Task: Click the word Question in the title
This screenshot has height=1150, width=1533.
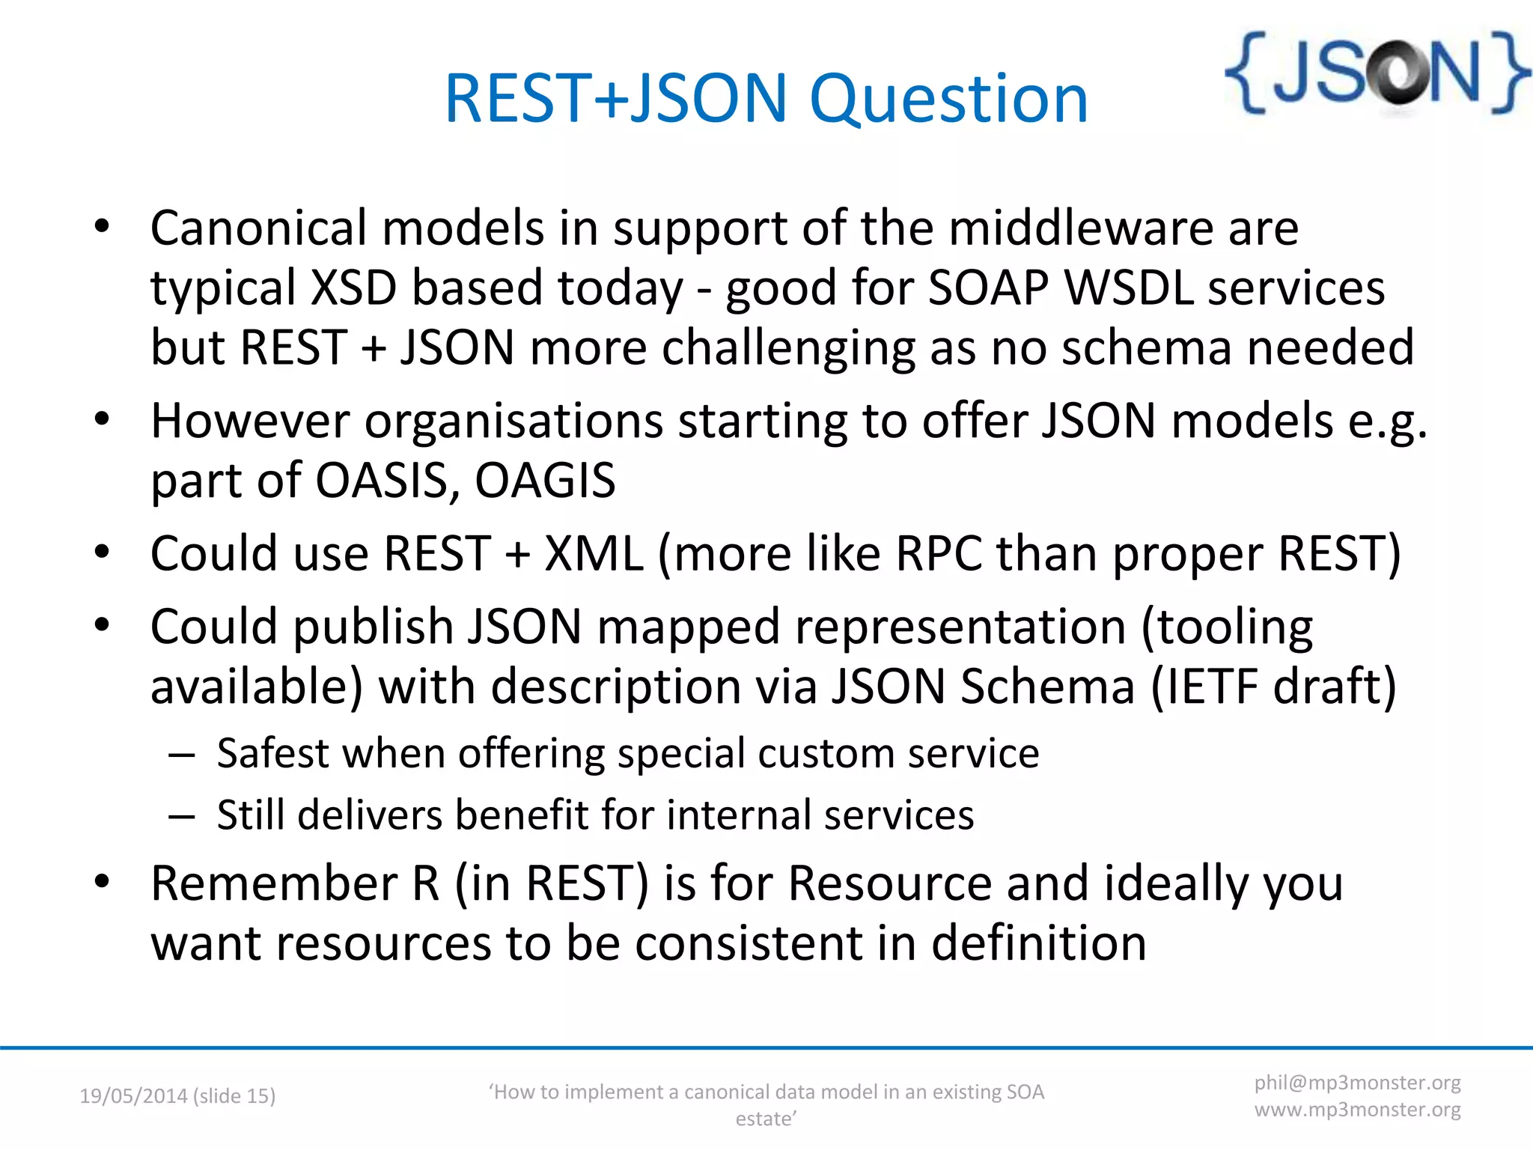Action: point(948,100)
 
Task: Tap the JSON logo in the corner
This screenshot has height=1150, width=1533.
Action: point(1376,73)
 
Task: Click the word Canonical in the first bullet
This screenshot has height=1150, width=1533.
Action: point(259,228)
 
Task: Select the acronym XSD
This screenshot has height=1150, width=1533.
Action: point(353,287)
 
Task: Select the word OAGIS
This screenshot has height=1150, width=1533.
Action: point(545,481)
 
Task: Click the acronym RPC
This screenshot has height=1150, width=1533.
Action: point(939,554)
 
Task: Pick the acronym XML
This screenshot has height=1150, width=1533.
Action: point(594,554)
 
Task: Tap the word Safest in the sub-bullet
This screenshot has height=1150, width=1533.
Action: point(272,753)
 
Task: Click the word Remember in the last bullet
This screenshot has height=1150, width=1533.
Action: point(274,884)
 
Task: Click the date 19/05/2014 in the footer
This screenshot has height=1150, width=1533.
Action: point(133,1096)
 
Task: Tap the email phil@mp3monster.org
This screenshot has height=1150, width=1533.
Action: point(1357,1083)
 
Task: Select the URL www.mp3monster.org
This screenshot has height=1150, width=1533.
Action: point(1357,1110)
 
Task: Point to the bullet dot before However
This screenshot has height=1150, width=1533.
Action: point(103,419)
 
